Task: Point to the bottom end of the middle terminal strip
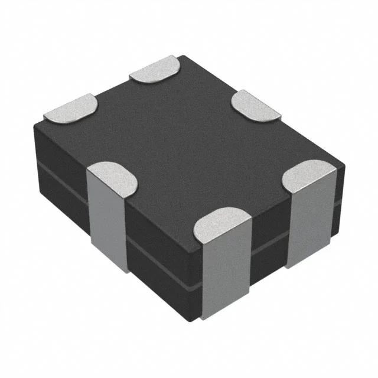click(224, 314)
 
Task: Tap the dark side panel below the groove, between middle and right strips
click(269, 260)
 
